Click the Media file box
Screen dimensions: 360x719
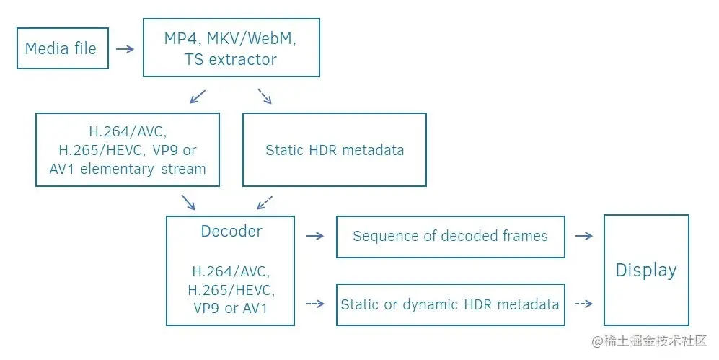point(62,48)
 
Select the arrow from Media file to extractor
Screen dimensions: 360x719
point(125,49)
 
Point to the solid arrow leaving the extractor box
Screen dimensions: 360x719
point(197,97)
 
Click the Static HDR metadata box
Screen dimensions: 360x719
point(334,150)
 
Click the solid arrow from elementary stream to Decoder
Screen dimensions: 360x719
point(188,201)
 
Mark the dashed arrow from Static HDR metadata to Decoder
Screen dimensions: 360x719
point(265,201)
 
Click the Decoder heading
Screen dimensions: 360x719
point(231,232)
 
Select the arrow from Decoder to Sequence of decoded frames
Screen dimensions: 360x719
point(314,236)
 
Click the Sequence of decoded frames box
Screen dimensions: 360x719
point(450,236)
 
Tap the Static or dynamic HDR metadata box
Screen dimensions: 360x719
point(450,304)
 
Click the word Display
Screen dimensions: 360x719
point(645,271)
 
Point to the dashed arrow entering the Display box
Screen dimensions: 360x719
point(583,304)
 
